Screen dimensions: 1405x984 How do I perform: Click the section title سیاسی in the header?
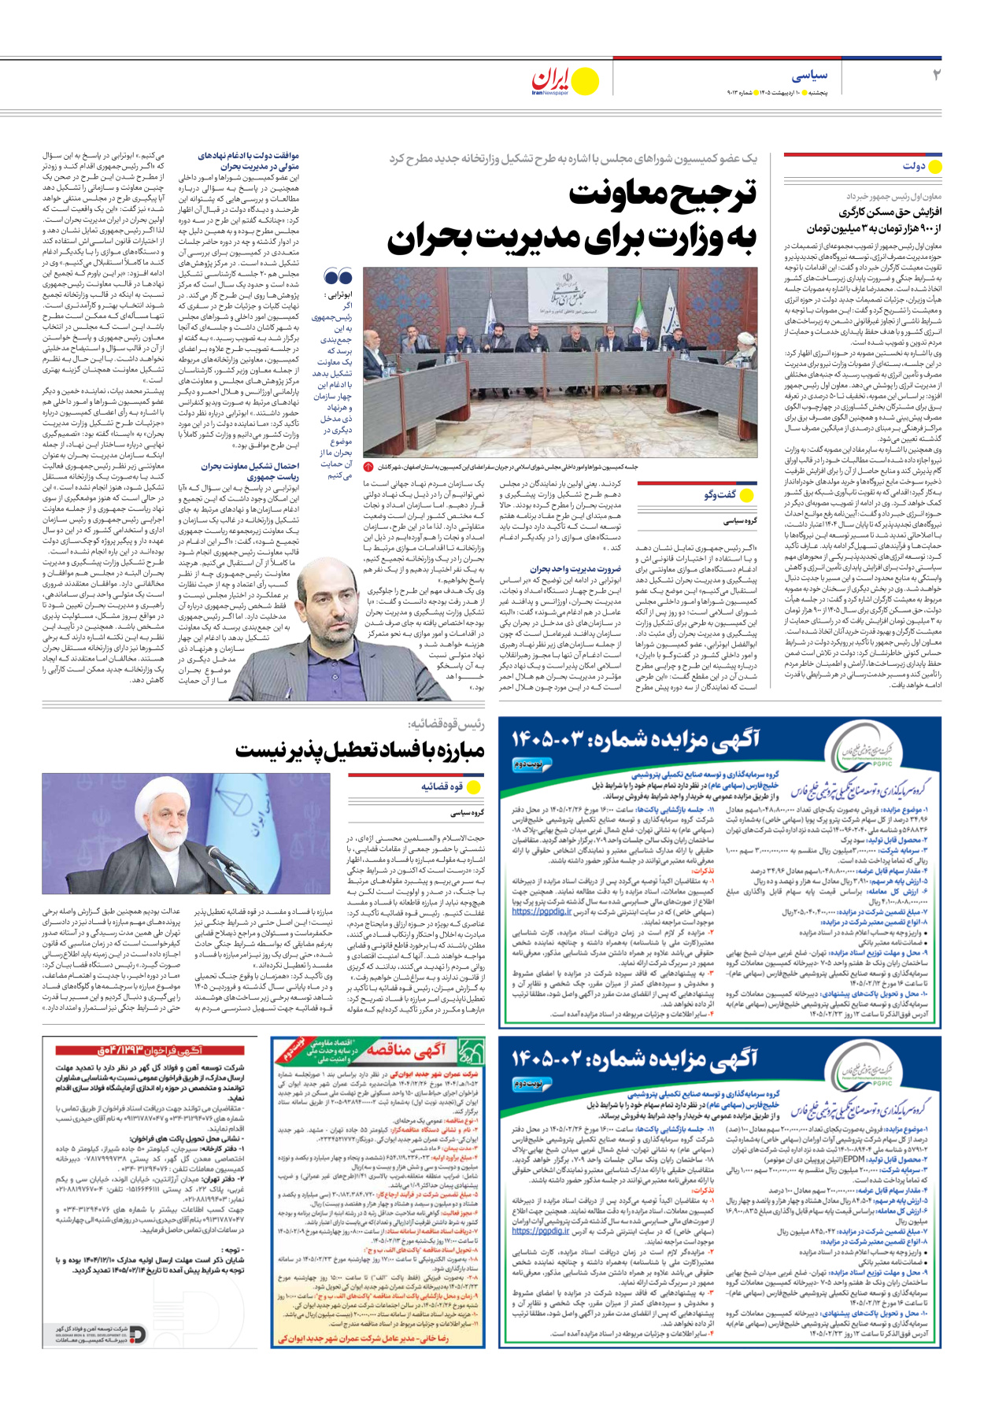coord(809,76)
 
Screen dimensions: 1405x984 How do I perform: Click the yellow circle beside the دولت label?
coord(935,167)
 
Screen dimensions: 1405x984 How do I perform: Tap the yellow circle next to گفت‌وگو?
coord(747,495)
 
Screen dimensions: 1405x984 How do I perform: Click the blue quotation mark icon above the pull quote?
coord(338,277)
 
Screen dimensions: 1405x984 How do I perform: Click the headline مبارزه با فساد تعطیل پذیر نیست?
coord(360,751)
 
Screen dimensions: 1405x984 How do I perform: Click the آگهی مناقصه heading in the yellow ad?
coord(407,1049)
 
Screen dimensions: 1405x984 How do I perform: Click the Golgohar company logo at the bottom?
coord(138,1333)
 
